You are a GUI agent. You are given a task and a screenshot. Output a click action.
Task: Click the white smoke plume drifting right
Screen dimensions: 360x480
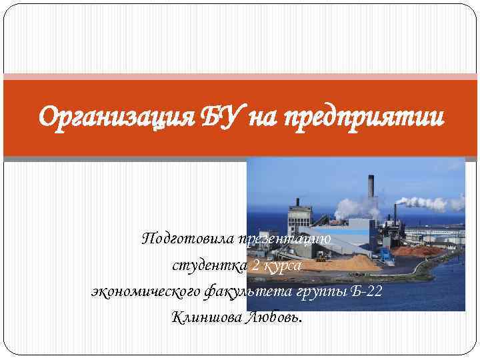coord(433,201)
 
